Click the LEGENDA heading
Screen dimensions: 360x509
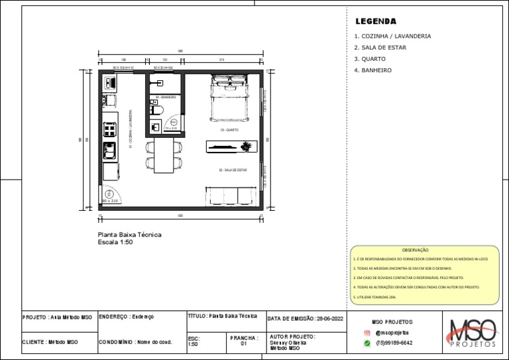(x=375, y=22)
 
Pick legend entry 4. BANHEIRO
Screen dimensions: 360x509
(x=372, y=70)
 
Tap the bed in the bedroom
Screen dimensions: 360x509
(x=229, y=97)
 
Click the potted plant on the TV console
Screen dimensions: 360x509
(x=247, y=145)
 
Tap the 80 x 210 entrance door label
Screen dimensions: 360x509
(x=109, y=200)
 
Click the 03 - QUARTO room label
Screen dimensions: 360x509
(x=229, y=130)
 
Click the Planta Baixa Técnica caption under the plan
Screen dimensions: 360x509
(x=129, y=235)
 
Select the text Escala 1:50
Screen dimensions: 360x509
(x=116, y=242)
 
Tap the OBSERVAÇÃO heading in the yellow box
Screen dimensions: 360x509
(x=416, y=250)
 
